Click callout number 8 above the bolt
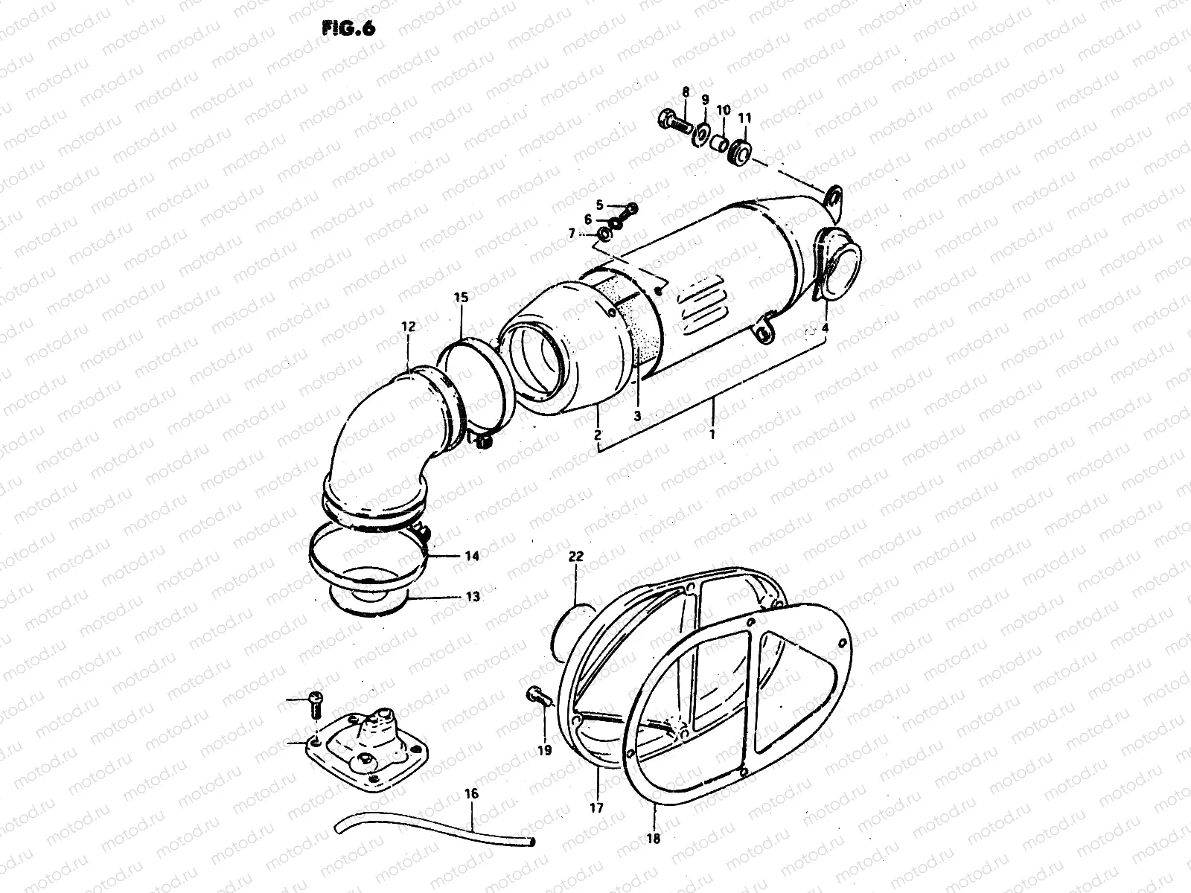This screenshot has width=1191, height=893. coord(686,92)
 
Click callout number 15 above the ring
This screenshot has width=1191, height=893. coord(461,298)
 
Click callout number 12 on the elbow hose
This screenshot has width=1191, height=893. coord(409,326)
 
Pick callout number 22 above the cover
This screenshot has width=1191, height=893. coord(576,556)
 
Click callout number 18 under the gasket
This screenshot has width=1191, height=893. coord(654,838)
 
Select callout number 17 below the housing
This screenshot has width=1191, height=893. coord(597,807)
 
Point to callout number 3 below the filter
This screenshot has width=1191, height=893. coord(637,417)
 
